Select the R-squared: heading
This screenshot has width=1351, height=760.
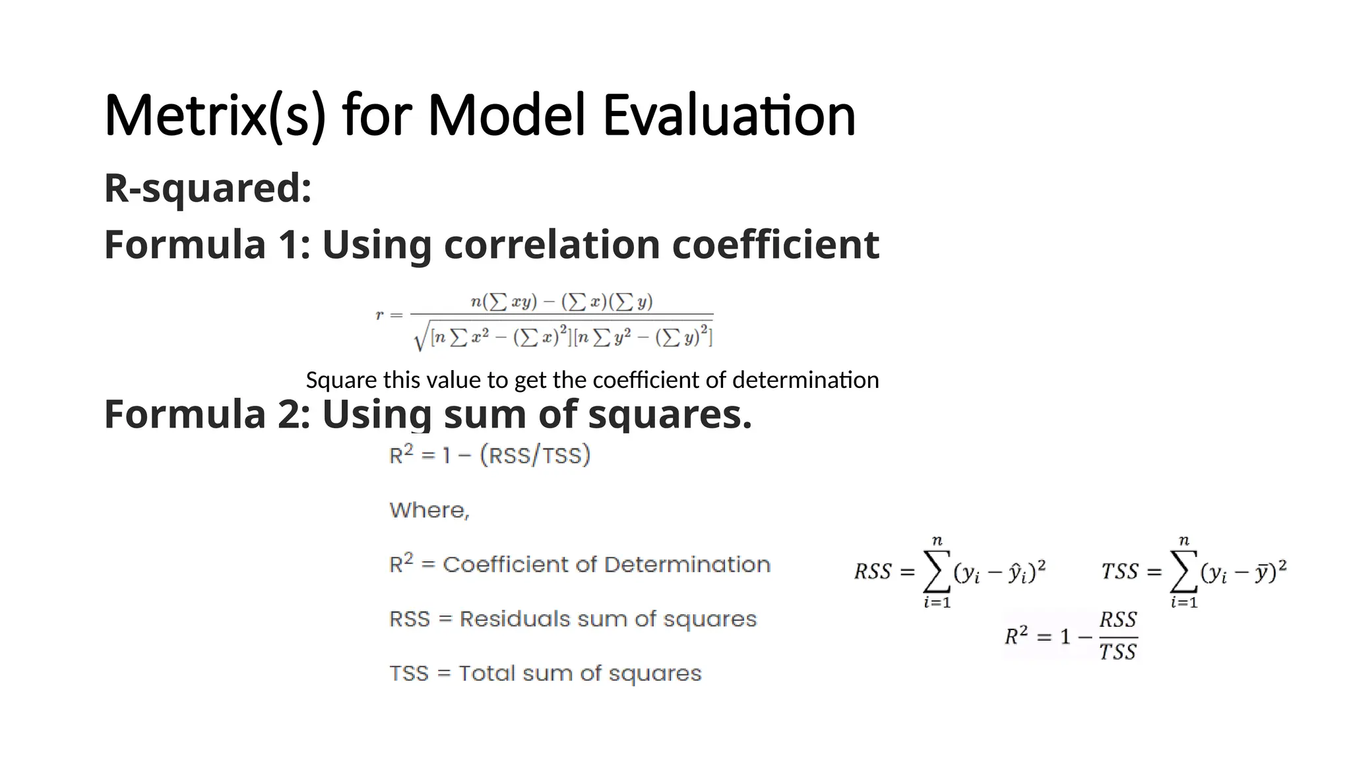pyautogui.click(x=208, y=188)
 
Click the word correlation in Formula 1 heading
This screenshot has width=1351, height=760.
pyautogui.click(x=552, y=245)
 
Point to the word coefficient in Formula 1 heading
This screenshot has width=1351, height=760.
pyautogui.click(x=775, y=245)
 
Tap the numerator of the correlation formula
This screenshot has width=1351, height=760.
pyautogui.click(x=561, y=302)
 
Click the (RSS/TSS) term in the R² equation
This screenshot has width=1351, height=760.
pyautogui.click(x=535, y=455)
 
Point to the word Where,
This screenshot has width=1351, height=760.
pyautogui.click(x=429, y=510)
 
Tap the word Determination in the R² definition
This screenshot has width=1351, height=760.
pyautogui.click(x=687, y=565)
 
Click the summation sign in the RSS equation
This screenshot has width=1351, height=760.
pyautogui.click(x=937, y=571)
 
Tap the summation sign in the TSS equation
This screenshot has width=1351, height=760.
pyautogui.click(x=1183, y=571)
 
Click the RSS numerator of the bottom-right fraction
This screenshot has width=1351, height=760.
pyautogui.click(x=1118, y=620)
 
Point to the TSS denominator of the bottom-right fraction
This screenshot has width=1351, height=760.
pyautogui.click(x=1118, y=652)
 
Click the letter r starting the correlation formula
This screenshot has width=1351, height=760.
pyautogui.click(x=379, y=315)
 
